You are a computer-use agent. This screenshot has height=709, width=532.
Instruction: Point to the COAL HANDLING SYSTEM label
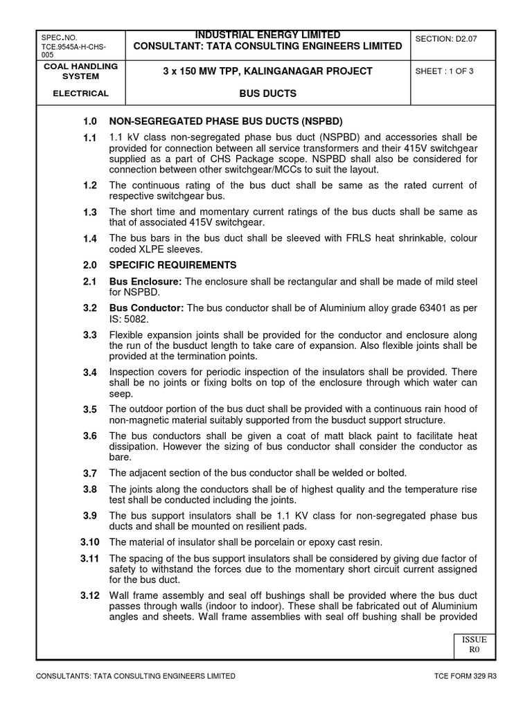point(81,71)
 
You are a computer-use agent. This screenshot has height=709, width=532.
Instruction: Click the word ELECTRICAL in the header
point(81,93)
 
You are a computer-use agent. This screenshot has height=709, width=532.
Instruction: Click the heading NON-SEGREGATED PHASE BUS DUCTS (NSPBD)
point(226,120)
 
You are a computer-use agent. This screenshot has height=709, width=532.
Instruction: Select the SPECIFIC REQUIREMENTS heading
point(172,265)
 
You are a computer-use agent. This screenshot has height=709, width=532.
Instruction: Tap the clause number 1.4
point(90,239)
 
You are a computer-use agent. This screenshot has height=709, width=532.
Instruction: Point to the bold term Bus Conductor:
point(147,307)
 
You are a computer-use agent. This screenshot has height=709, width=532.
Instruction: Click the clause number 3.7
point(90,473)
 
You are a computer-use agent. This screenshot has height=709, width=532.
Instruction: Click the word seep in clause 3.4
point(121,393)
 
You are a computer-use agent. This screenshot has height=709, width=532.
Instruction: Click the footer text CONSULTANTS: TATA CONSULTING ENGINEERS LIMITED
point(136,676)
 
